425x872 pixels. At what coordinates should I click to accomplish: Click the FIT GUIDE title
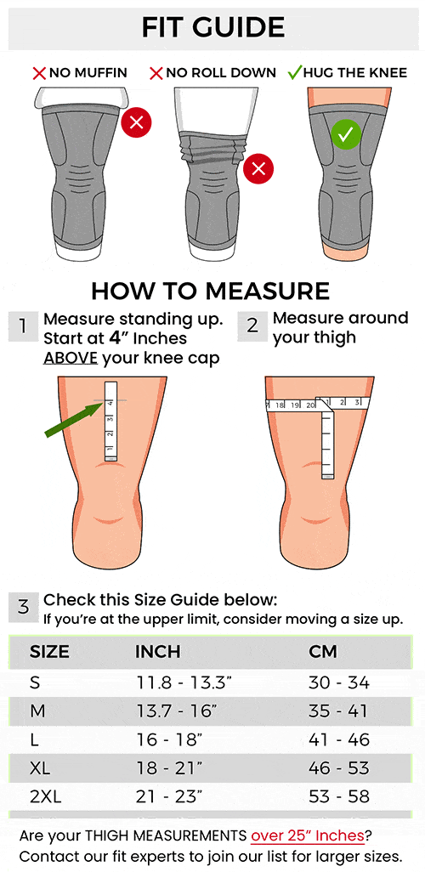tap(213, 27)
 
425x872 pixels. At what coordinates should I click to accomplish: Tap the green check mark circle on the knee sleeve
tap(346, 134)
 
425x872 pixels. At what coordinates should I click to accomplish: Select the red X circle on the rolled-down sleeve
tap(258, 168)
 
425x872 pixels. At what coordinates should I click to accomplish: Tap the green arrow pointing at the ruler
tap(74, 420)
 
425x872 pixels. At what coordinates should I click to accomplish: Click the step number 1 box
tap(23, 326)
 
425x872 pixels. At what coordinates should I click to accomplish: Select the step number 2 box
tap(252, 326)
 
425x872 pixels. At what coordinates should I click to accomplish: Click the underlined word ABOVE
tap(71, 358)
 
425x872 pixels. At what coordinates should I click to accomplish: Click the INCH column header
tap(158, 652)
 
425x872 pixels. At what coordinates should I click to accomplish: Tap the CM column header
tap(323, 652)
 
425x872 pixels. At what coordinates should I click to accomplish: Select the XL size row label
tap(40, 768)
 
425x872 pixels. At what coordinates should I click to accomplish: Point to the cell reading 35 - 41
tap(339, 711)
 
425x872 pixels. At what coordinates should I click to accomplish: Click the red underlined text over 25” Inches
tap(308, 835)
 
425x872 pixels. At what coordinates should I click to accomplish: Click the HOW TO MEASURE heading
tap(210, 292)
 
